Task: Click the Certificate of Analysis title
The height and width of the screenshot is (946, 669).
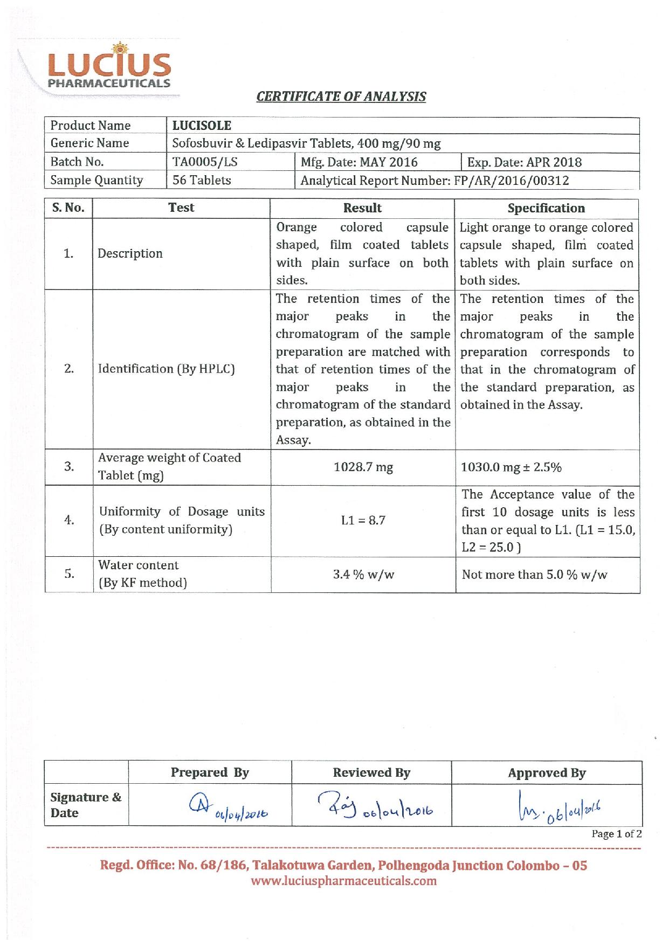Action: [341, 96]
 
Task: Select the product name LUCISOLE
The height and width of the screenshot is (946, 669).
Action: [202, 126]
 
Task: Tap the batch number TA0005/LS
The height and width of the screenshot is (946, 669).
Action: [205, 162]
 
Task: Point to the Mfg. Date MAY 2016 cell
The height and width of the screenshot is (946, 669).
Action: [359, 162]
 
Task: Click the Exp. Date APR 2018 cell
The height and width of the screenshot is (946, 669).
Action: [524, 162]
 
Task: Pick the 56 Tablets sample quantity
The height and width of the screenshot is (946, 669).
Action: [202, 181]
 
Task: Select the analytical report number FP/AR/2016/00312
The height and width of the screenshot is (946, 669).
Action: [434, 181]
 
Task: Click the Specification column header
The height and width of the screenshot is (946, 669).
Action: [546, 208]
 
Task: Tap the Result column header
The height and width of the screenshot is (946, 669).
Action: [362, 208]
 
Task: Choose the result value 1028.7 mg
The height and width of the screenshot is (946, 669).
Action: [363, 467]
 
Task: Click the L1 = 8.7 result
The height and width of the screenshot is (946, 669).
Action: [363, 521]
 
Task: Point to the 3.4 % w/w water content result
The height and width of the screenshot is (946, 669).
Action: [363, 575]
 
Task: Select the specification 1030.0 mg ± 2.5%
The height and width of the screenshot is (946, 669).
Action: [511, 467]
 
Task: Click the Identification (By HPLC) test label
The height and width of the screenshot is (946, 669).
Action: [166, 369]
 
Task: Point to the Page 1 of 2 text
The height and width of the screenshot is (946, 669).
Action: [616, 834]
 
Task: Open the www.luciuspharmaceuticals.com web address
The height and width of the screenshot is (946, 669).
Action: [344, 881]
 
